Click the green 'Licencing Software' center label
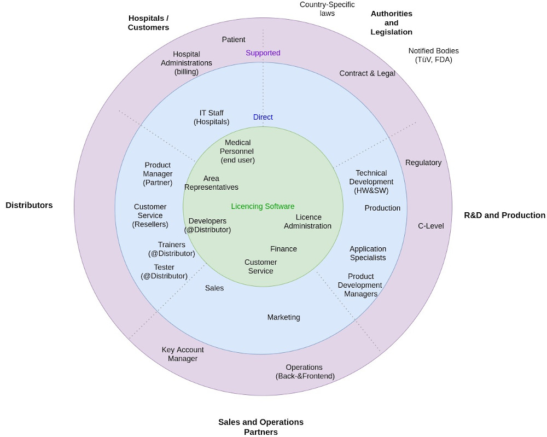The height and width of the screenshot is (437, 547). point(263,206)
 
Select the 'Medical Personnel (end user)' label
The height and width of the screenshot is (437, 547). point(237,152)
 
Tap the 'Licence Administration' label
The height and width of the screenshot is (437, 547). point(307,222)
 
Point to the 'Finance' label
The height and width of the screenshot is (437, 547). point(283,249)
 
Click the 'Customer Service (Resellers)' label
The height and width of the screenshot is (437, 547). point(150,215)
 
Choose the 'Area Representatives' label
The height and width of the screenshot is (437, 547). point(211,183)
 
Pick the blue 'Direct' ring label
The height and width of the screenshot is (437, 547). point(263,117)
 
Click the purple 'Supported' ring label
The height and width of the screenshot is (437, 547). point(263,53)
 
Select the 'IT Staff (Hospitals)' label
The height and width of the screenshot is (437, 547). point(211,118)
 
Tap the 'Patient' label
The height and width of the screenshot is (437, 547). point(234,39)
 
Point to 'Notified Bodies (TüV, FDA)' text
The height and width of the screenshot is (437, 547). point(433,55)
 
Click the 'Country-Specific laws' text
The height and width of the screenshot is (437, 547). point(327,9)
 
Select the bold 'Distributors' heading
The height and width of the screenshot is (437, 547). point(29,205)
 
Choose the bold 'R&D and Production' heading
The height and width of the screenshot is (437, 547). point(504,215)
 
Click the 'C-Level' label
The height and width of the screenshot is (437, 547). point(430,226)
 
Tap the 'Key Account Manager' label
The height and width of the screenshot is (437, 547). point(183,354)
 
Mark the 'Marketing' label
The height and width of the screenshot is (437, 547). point(283,317)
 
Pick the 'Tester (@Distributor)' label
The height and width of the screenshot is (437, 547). point(164,272)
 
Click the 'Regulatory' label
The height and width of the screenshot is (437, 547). point(423,162)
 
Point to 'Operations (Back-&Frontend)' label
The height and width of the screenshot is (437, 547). point(305,371)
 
